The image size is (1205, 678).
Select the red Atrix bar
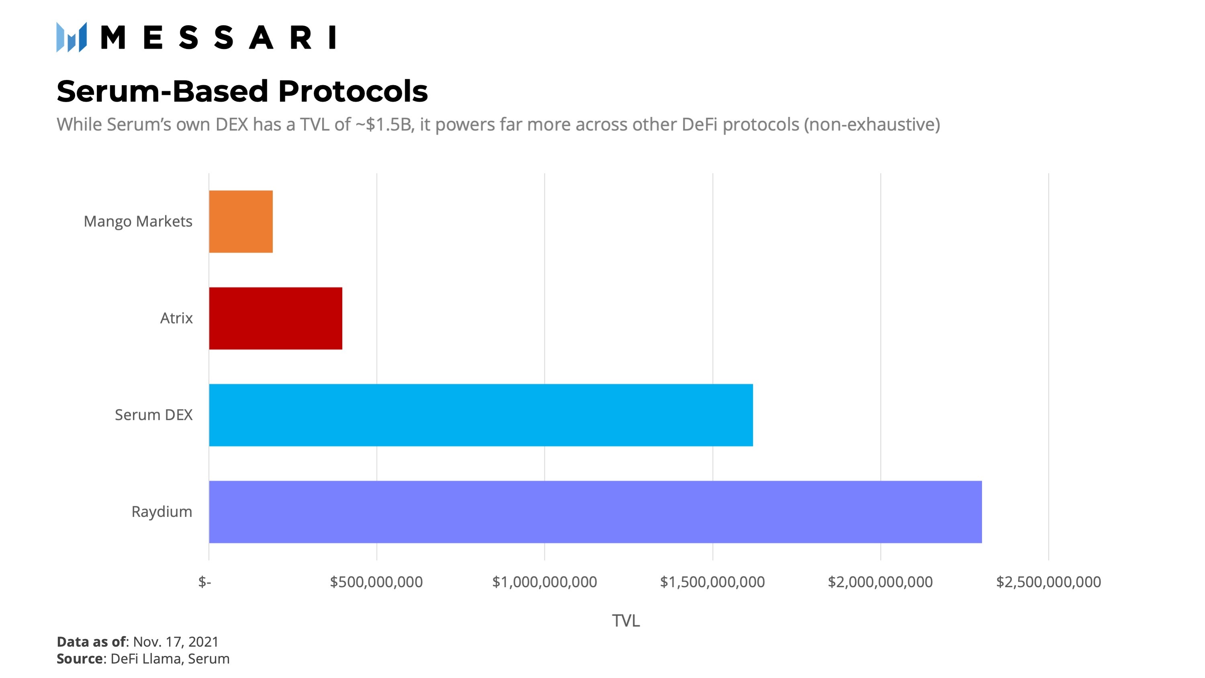tap(276, 318)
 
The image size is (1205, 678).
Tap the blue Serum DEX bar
tap(481, 415)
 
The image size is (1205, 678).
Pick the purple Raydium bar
tap(595, 512)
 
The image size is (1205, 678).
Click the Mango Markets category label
tap(138, 221)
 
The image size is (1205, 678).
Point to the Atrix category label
tap(176, 318)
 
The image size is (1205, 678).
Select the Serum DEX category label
tap(153, 415)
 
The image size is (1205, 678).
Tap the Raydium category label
tap(162, 512)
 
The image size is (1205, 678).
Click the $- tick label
tap(205, 582)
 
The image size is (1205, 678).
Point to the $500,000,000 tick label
tap(376, 582)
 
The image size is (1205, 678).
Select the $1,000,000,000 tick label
tap(544, 582)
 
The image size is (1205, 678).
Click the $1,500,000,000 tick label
tap(712, 582)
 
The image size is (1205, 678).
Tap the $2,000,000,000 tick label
tap(880, 582)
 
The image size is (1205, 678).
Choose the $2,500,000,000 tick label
tap(1048, 582)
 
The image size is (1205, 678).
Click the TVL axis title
tap(626, 621)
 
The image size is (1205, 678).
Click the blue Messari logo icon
tap(72, 37)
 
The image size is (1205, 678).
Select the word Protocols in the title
tap(353, 91)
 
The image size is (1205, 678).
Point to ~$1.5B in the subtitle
tap(385, 125)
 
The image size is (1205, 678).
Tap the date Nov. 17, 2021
tap(176, 641)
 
